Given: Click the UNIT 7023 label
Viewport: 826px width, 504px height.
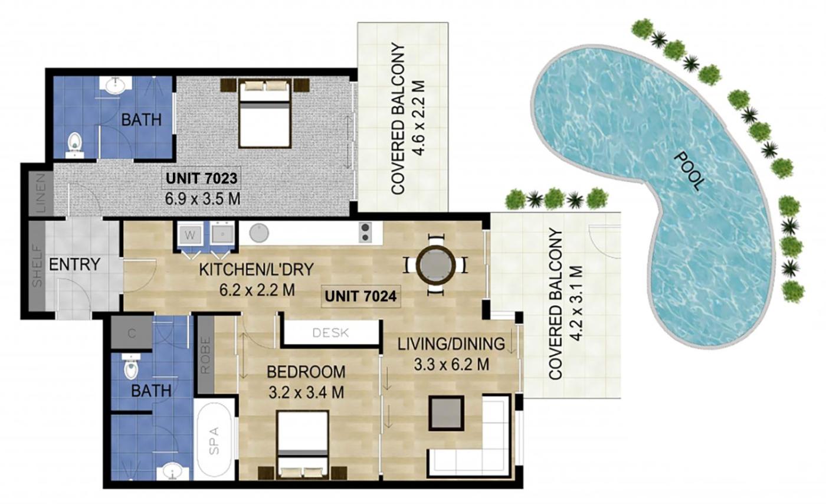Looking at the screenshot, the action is tap(201, 178).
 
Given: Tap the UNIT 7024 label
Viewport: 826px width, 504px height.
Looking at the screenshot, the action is tap(360, 296).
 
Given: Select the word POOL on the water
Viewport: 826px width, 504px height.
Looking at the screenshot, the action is tap(689, 171).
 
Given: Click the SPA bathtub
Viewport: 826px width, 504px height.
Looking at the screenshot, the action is tap(214, 439).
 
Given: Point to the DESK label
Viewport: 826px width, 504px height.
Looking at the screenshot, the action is tap(330, 333).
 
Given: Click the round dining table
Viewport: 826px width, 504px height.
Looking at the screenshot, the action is tap(435, 264).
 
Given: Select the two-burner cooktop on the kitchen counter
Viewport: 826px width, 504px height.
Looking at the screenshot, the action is tap(365, 233).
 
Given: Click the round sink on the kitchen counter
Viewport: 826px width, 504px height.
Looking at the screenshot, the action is tap(259, 233).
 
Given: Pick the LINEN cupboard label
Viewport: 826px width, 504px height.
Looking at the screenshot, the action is tap(41, 192).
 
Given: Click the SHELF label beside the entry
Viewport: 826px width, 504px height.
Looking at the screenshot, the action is tap(37, 266).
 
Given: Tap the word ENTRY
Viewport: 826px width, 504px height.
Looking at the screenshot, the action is tap(74, 264).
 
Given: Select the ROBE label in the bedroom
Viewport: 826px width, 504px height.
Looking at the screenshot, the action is tap(205, 355).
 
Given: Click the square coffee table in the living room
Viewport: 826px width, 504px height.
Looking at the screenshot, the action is tap(446, 413).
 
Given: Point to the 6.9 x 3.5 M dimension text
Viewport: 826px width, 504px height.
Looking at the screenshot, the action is tap(202, 199).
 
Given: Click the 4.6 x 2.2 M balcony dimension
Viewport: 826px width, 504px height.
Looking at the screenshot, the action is tap(419, 119).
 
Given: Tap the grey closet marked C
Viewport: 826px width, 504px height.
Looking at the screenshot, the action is tap(132, 333).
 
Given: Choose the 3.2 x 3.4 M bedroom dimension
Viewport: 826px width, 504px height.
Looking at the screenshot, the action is tap(306, 392).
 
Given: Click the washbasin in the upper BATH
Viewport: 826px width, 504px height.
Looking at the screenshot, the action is tap(116, 85).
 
